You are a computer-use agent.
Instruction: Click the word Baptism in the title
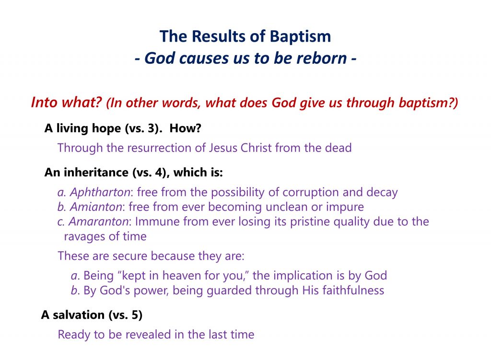300,36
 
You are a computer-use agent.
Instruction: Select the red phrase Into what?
67,103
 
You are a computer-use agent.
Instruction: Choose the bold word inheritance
96,172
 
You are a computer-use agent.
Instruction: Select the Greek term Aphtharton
100,192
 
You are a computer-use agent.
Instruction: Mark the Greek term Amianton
96,207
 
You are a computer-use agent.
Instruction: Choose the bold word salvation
78,314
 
